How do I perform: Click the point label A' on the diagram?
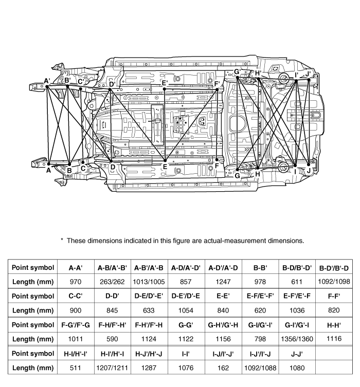47,81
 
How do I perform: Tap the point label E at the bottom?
165,167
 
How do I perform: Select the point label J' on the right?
307,75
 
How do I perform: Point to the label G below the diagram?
237,175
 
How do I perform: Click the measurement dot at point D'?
110,89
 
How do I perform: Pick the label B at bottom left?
69,170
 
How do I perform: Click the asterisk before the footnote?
62,240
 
